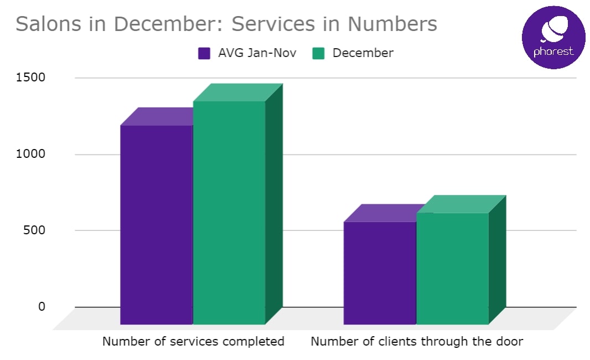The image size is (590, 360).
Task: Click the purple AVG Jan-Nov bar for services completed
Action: [156, 224]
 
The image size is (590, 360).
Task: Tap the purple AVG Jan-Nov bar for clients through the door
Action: [380, 272]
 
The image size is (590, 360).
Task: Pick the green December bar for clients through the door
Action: [452, 268]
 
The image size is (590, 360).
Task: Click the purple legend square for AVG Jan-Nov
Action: [204, 53]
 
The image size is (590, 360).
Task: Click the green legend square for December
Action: [318, 53]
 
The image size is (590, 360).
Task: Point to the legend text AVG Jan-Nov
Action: [257, 53]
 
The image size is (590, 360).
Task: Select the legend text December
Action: [363, 53]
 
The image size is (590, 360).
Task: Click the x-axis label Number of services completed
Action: [193, 341]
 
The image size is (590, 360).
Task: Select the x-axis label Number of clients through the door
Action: [417, 341]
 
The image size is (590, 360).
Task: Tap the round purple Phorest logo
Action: [553, 37]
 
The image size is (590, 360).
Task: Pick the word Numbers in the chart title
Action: [392, 24]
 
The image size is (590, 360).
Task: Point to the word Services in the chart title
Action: [273, 24]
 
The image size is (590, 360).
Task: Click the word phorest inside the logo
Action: [553, 52]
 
